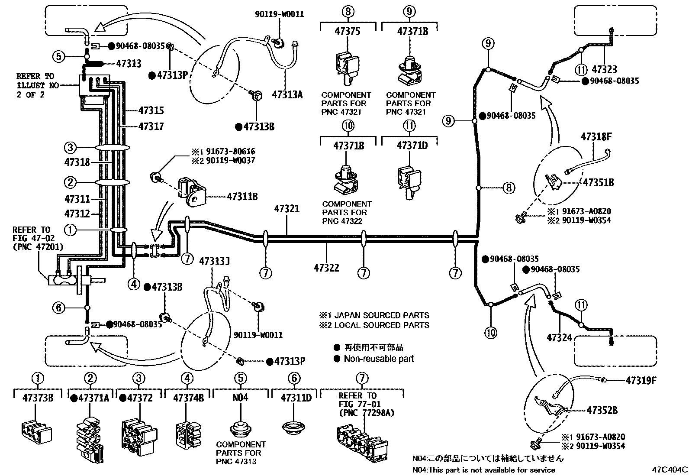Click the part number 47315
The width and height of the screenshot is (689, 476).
pos(151,110)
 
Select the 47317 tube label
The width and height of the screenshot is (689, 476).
pos(151,126)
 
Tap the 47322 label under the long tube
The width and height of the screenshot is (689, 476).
pos(326,268)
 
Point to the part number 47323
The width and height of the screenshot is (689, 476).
pos(605,69)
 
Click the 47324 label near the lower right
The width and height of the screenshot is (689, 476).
pos(559,338)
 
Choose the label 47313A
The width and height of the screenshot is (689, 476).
pos(287,94)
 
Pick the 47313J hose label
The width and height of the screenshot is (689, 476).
pos(214,262)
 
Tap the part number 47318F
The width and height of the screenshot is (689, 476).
pos(596,137)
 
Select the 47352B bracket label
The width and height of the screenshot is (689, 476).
pos(602,410)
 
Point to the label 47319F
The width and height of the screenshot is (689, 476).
pos(641,381)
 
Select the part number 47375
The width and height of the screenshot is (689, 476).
pos(348,31)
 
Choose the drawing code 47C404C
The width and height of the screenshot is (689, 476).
pos(670,470)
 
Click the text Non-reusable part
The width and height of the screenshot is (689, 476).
pos(379,359)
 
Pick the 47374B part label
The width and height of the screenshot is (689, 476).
pos(188,398)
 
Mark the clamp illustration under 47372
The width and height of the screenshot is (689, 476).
pos(139,437)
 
